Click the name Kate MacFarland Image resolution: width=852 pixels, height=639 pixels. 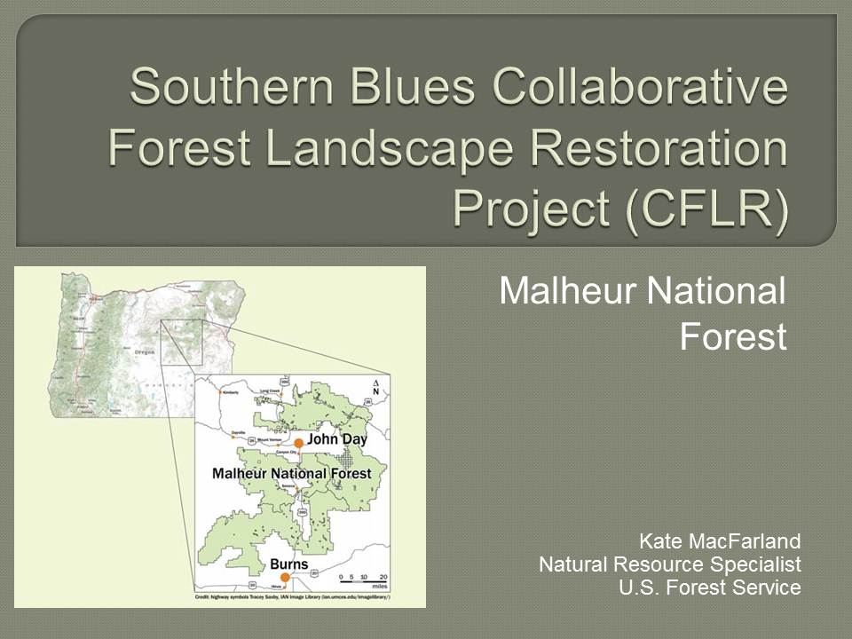720,540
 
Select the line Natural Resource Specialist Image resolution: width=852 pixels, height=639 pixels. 669,564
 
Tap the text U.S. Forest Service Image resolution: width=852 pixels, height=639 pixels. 709,587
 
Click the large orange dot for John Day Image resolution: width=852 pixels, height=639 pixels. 299,442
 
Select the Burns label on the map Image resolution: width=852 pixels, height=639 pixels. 289,563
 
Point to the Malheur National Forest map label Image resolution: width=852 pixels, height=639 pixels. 291,474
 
